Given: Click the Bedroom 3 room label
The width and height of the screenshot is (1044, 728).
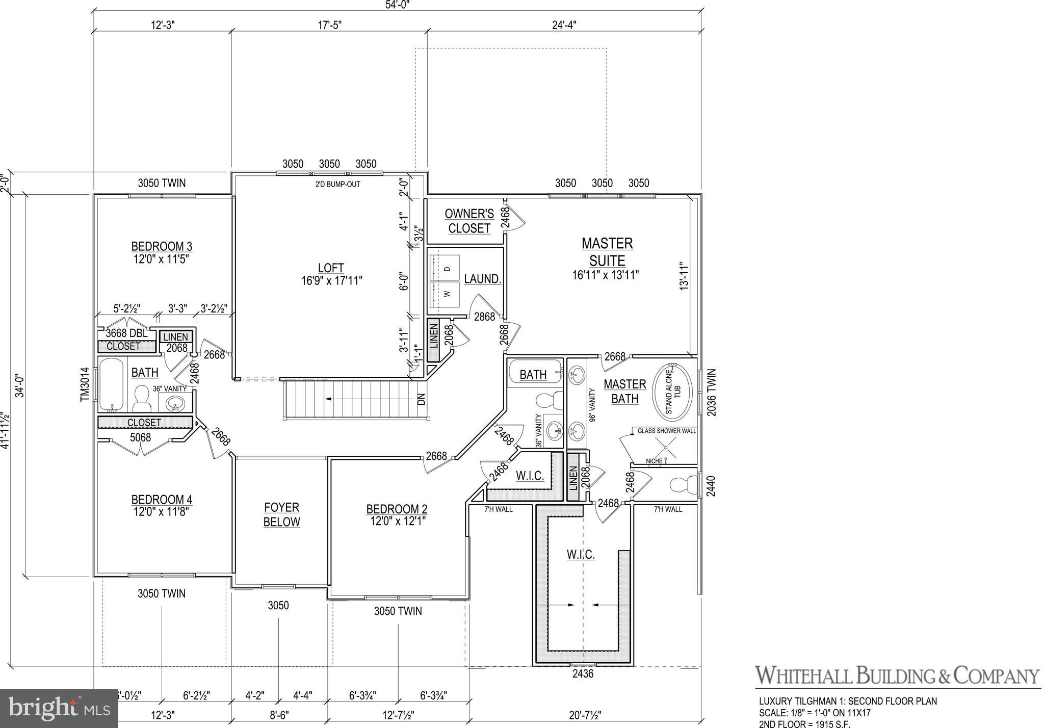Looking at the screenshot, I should [x=162, y=247].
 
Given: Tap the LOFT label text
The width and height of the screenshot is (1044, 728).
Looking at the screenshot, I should [x=331, y=268].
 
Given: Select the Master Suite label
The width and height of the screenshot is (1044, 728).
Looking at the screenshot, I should [x=607, y=252].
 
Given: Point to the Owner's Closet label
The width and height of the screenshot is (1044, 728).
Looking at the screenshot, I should [x=469, y=221].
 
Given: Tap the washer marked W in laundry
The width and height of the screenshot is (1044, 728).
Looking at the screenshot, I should [x=445, y=294].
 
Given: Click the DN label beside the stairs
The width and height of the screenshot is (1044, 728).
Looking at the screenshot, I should [x=421, y=399].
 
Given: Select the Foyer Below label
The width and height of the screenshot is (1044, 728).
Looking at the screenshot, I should [x=281, y=514].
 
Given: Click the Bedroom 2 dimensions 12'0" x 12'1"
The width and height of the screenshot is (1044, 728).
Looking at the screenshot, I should [x=397, y=521].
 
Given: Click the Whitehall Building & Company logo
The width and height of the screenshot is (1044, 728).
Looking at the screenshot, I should [x=897, y=675].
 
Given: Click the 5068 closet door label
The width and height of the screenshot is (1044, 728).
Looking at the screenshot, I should [x=140, y=437].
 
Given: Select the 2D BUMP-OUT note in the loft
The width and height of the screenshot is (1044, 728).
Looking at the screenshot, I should [x=337, y=184].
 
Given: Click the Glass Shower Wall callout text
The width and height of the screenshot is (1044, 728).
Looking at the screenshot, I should [x=666, y=431].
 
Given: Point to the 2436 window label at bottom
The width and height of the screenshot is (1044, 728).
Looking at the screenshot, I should [x=583, y=673].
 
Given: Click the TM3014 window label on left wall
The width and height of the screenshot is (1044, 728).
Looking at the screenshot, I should [x=85, y=384].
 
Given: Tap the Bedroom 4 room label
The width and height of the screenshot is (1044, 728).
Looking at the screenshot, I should [x=162, y=500].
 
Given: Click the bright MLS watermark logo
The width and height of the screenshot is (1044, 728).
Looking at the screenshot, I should [x=59, y=708].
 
